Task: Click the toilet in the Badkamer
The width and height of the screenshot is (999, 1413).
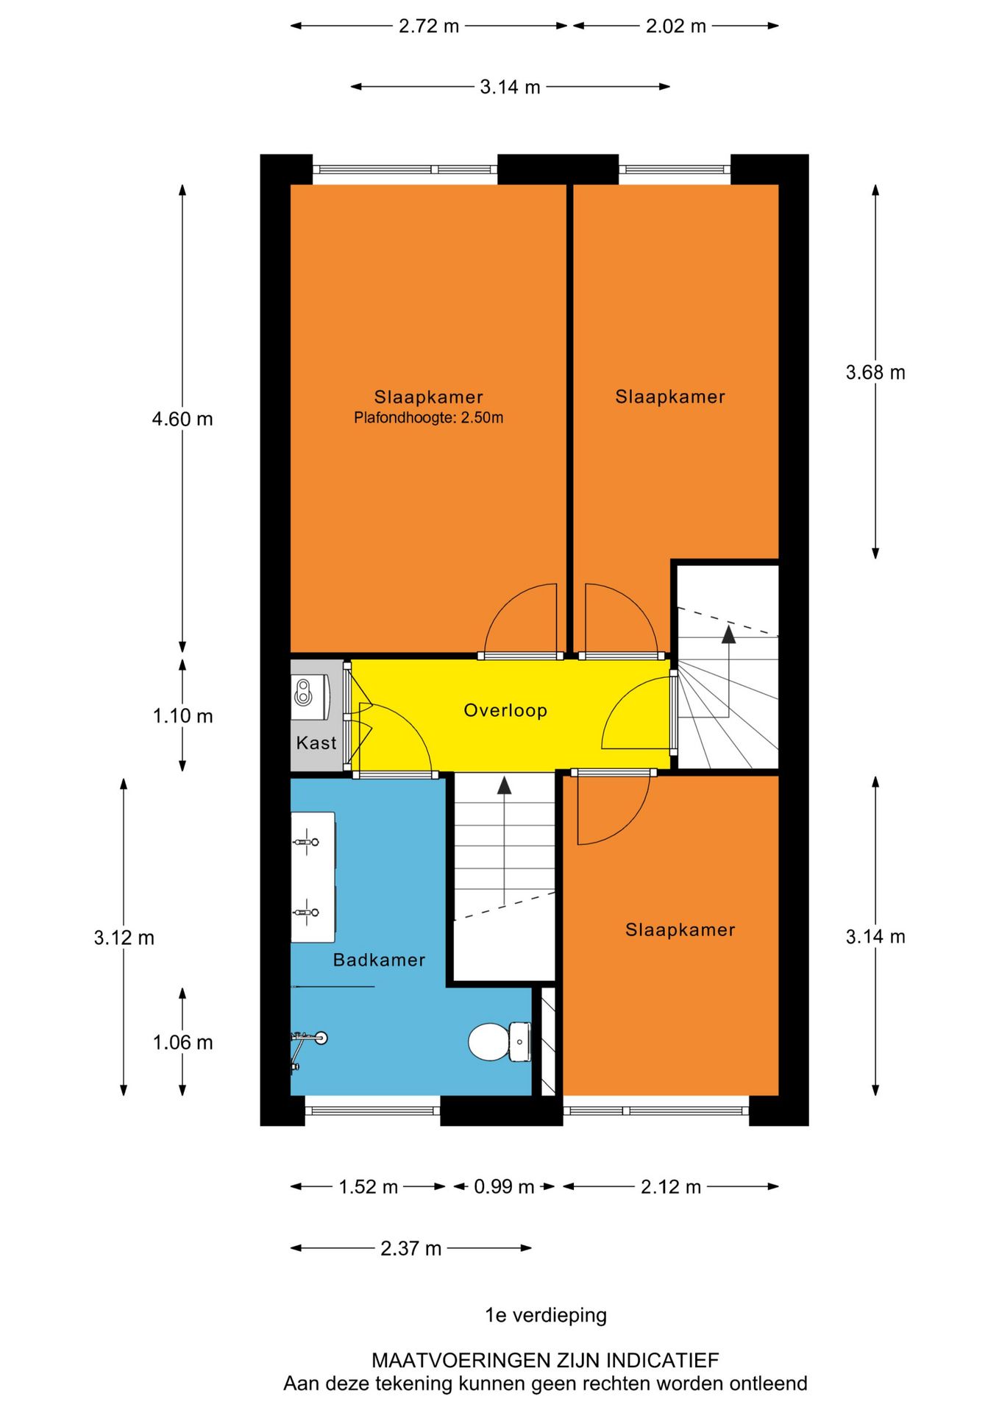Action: (x=500, y=1041)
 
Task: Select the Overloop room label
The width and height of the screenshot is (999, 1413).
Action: (x=505, y=710)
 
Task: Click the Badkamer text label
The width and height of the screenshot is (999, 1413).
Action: (x=379, y=960)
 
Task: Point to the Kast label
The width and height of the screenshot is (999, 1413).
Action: (x=316, y=743)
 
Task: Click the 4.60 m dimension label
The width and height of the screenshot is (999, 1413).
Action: (x=182, y=419)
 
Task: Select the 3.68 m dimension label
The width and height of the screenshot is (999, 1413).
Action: (x=875, y=372)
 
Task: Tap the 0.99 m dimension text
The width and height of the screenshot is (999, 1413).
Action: (x=504, y=1186)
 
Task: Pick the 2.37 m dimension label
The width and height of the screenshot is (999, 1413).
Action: (x=411, y=1248)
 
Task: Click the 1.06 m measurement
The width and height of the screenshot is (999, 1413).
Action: (x=182, y=1042)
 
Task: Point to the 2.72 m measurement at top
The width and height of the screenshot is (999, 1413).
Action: (x=429, y=26)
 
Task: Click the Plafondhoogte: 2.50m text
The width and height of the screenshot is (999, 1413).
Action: (x=429, y=418)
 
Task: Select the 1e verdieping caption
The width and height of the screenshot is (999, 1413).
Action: (x=546, y=1315)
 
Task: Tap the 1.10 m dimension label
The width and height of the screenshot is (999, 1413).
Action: (x=182, y=715)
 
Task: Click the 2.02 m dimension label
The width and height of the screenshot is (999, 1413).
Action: (x=676, y=26)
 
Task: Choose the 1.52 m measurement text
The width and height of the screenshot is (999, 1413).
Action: (x=368, y=1186)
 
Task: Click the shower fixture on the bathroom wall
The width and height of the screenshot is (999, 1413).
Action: (x=308, y=1041)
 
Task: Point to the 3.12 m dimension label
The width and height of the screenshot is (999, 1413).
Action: (x=124, y=938)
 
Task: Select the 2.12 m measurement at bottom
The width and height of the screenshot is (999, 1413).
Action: (x=671, y=1186)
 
